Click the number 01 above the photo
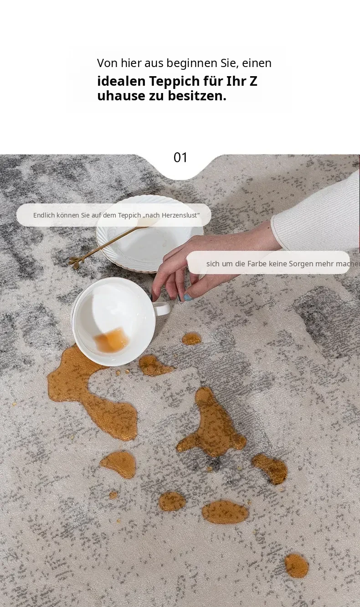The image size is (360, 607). click(x=180, y=157)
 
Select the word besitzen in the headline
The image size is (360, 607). click(x=197, y=96)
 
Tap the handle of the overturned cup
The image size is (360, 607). click(x=162, y=308)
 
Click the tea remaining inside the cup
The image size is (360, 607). click(x=112, y=340)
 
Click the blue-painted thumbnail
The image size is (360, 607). click(x=188, y=297)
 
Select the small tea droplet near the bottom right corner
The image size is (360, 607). click(x=297, y=565)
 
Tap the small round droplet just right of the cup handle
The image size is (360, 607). click(x=191, y=339)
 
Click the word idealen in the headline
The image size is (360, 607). click(x=121, y=81)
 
